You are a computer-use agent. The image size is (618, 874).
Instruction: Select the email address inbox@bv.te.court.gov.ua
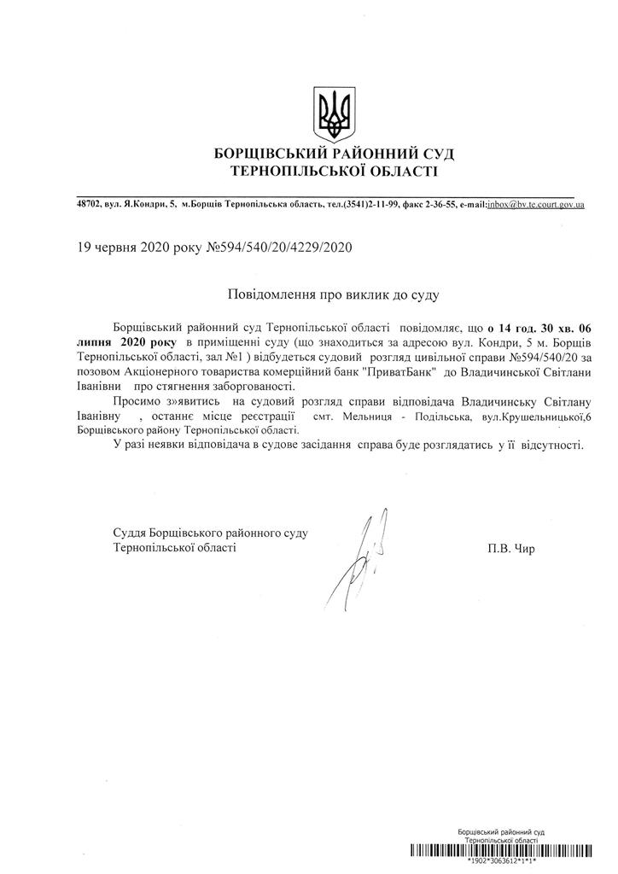(x=535, y=205)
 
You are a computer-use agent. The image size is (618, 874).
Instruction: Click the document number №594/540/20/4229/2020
(x=279, y=248)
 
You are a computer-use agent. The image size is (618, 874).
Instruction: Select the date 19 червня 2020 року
(x=140, y=248)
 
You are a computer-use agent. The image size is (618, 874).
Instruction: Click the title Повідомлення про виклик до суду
(x=332, y=294)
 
